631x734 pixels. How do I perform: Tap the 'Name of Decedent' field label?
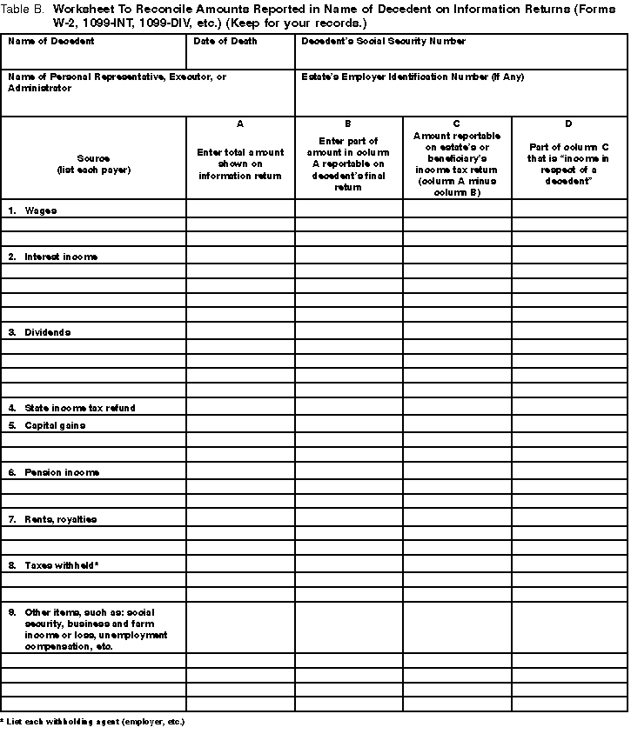pyautogui.click(x=51, y=42)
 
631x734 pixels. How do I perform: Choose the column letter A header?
pyautogui.click(x=240, y=124)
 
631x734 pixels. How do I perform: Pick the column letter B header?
pyautogui.click(x=348, y=124)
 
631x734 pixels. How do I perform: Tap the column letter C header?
pyautogui.click(x=457, y=124)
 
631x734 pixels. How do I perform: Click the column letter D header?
pyautogui.click(x=568, y=124)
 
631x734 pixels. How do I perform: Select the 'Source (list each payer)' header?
pyautogui.click(x=93, y=163)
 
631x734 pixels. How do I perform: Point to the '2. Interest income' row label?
pyautogui.click(x=53, y=257)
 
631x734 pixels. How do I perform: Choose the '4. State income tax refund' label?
pyautogui.click(x=72, y=408)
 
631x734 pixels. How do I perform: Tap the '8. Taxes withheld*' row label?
pyautogui.click(x=53, y=566)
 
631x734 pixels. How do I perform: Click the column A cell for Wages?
pyautogui.click(x=240, y=209)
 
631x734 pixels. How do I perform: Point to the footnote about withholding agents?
pyautogui.click(x=93, y=723)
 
